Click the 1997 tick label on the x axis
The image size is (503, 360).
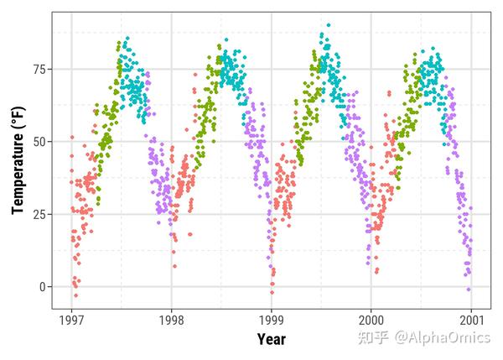tap(72, 320)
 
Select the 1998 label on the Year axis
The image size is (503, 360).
tap(172, 320)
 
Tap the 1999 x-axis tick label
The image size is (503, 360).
tap(272, 320)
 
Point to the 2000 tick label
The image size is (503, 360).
tap(371, 320)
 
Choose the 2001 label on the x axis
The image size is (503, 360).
tap(470, 320)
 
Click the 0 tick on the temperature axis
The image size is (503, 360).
tap(43, 287)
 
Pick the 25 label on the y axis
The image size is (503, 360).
tap(39, 214)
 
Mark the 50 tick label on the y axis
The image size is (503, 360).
tap(39, 141)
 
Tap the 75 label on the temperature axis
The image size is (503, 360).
tap(39, 68)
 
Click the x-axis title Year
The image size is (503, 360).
tap(271, 339)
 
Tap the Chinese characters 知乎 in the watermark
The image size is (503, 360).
tap(373, 337)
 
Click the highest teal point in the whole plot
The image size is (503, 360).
tap(328, 25)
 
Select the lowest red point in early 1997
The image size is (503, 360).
tap(75, 295)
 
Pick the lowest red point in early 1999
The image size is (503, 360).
tap(272, 292)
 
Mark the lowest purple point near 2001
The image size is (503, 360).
tap(469, 290)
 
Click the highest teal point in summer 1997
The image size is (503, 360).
tap(127, 38)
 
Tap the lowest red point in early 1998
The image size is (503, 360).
tap(174, 267)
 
